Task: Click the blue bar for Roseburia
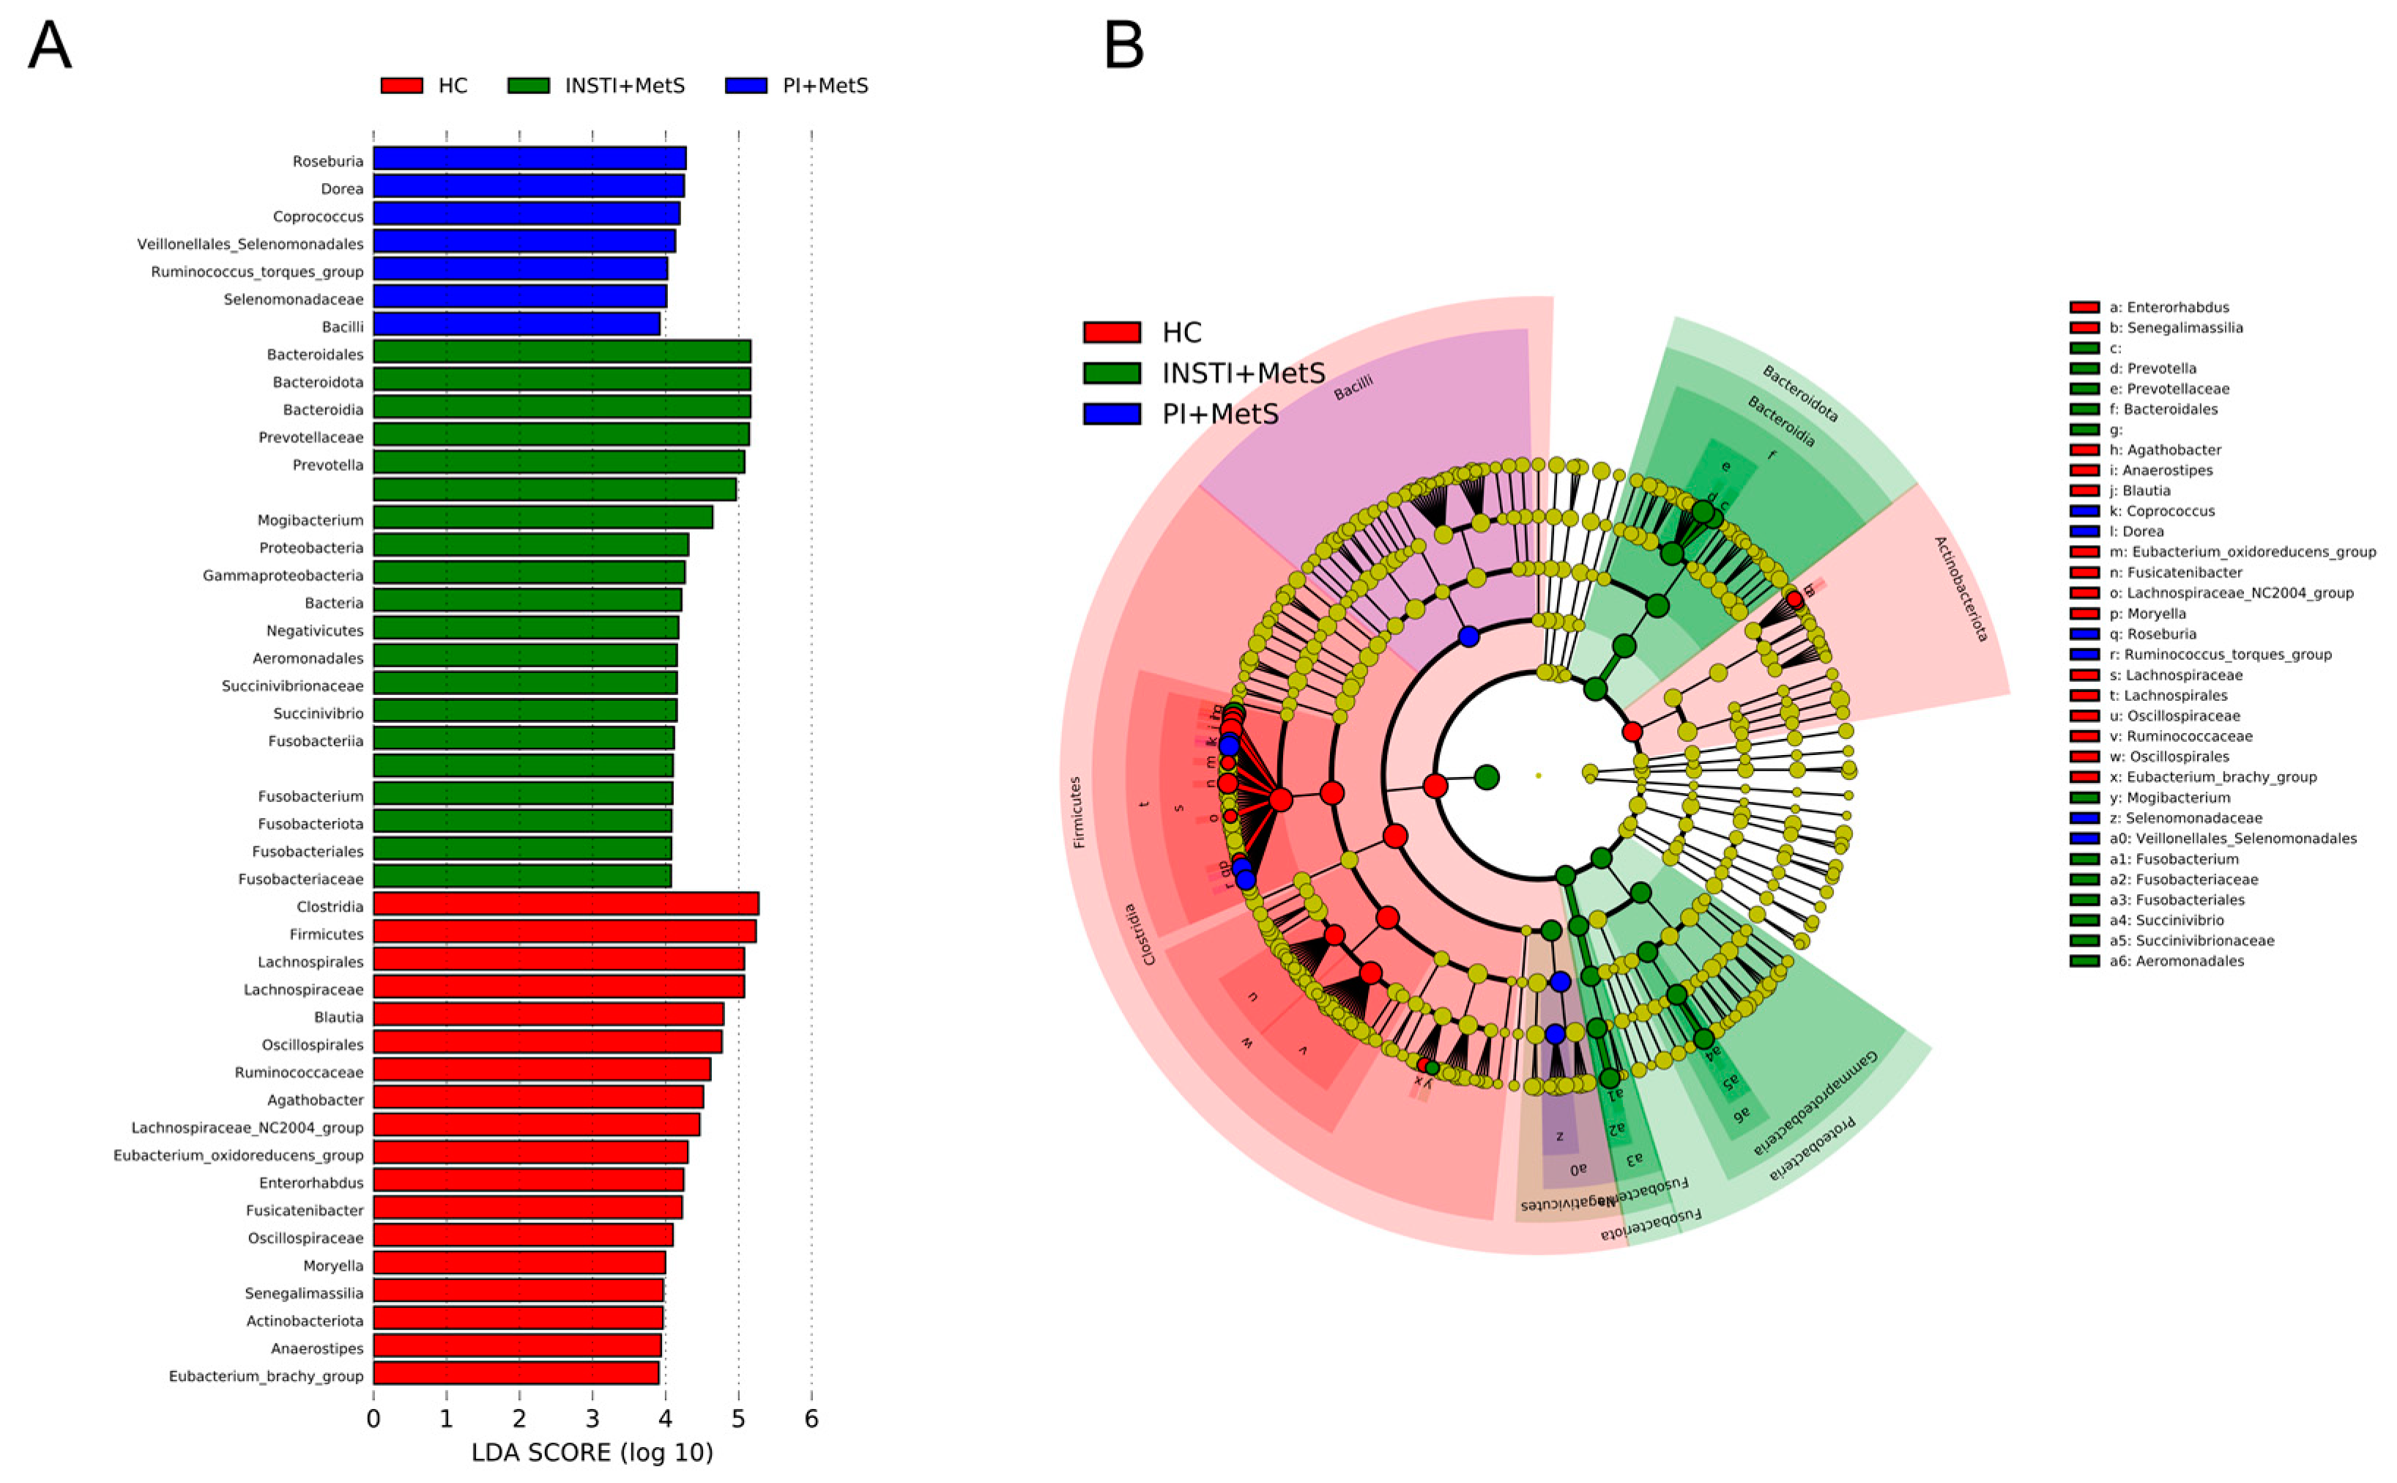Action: point(529,159)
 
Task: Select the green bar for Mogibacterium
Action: point(543,518)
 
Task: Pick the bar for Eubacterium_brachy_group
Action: point(515,1374)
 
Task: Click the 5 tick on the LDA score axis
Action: point(737,1419)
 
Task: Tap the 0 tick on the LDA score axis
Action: point(374,1419)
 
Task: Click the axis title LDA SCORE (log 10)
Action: point(592,1452)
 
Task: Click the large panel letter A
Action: point(49,45)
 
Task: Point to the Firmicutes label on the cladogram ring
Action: point(1077,812)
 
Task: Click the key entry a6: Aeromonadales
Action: point(2175,961)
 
